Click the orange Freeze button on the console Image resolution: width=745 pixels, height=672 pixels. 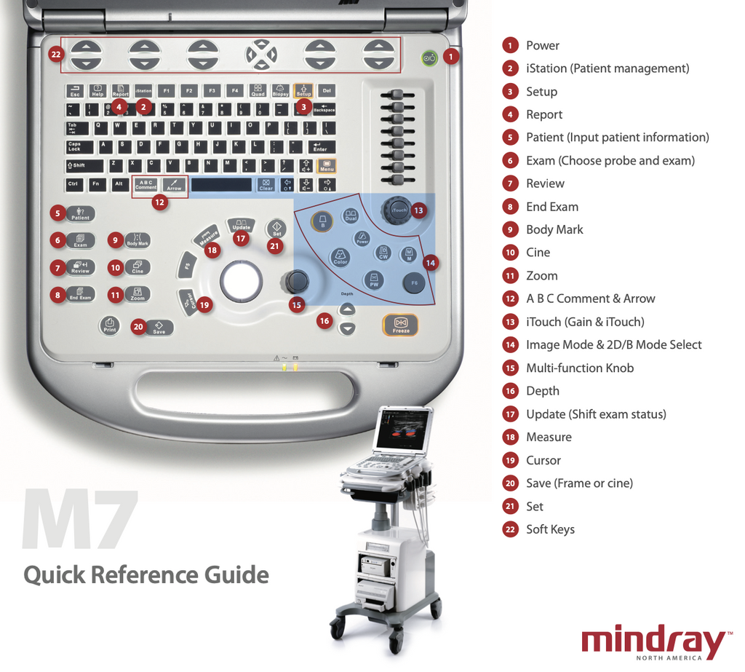click(400, 325)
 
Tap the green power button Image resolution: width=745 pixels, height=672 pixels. click(429, 58)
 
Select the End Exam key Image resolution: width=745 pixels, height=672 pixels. click(80, 295)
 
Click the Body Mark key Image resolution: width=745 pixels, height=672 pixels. click(138, 240)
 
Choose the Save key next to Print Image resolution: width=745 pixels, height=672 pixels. click(159, 328)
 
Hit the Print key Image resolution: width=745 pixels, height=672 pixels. click(109, 325)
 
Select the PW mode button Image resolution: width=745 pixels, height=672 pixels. click(374, 280)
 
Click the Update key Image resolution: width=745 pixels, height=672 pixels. click(241, 224)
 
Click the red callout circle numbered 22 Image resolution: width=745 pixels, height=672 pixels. click(57, 54)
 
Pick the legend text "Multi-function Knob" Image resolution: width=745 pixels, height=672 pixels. click(580, 368)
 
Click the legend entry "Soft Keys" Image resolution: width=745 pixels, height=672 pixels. click(550, 529)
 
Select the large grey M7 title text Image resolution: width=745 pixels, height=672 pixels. click(80, 520)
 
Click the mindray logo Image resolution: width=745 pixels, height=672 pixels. click(653, 642)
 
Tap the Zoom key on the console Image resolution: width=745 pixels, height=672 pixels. click(138, 294)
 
